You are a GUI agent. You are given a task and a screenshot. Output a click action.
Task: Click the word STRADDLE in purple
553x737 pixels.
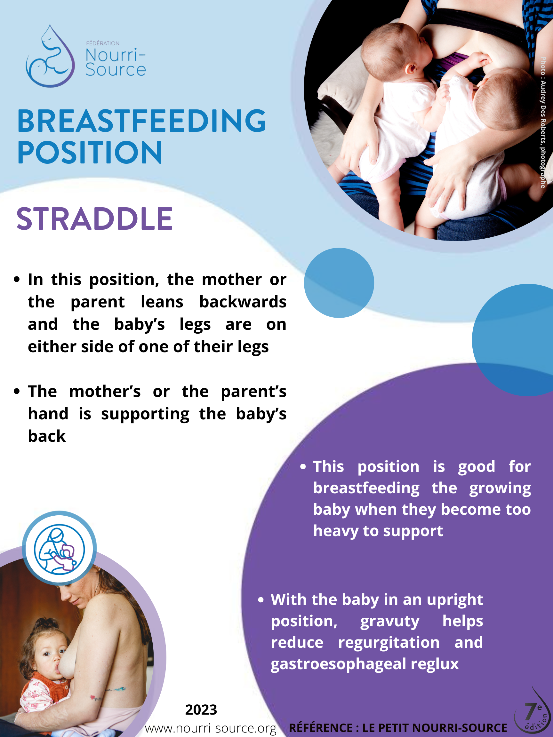point(95,219)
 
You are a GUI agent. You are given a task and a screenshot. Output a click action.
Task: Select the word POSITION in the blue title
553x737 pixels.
point(90,152)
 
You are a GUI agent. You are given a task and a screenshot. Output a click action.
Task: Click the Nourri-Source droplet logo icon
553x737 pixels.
point(50,56)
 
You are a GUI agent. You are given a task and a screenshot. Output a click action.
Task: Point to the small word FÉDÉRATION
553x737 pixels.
point(103,43)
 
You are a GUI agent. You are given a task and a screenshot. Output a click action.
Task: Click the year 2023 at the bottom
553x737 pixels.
point(201,710)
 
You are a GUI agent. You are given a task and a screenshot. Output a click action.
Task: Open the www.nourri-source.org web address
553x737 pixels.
point(211,728)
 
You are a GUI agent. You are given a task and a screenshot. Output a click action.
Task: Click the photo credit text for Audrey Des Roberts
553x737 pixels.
point(543,122)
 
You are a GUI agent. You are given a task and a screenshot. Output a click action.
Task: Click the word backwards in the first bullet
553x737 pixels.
point(243,302)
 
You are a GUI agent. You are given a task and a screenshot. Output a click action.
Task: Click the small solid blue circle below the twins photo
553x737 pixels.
point(339,282)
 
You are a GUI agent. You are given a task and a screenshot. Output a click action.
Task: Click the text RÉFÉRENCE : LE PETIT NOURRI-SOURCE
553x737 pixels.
point(398,728)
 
